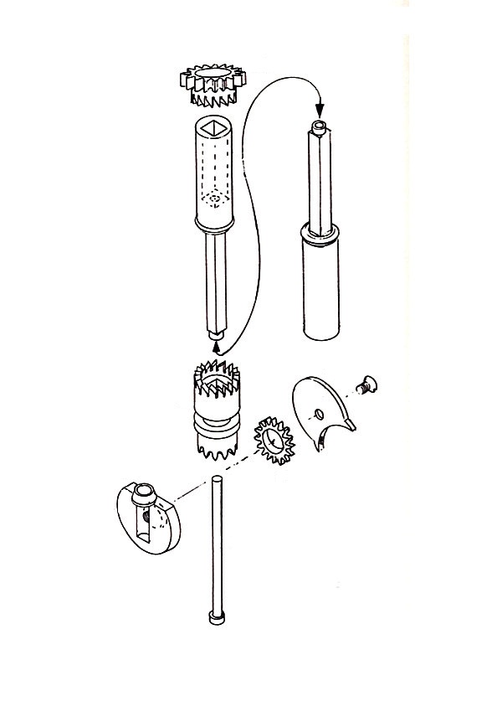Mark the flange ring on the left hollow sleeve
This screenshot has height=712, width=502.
tap(215, 224)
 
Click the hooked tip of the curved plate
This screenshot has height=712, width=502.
tap(353, 426)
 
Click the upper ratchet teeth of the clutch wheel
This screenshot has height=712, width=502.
tap(217, 374)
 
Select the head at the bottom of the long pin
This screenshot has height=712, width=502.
tap(216, 618)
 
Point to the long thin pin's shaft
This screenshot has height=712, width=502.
tap(216, 544)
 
